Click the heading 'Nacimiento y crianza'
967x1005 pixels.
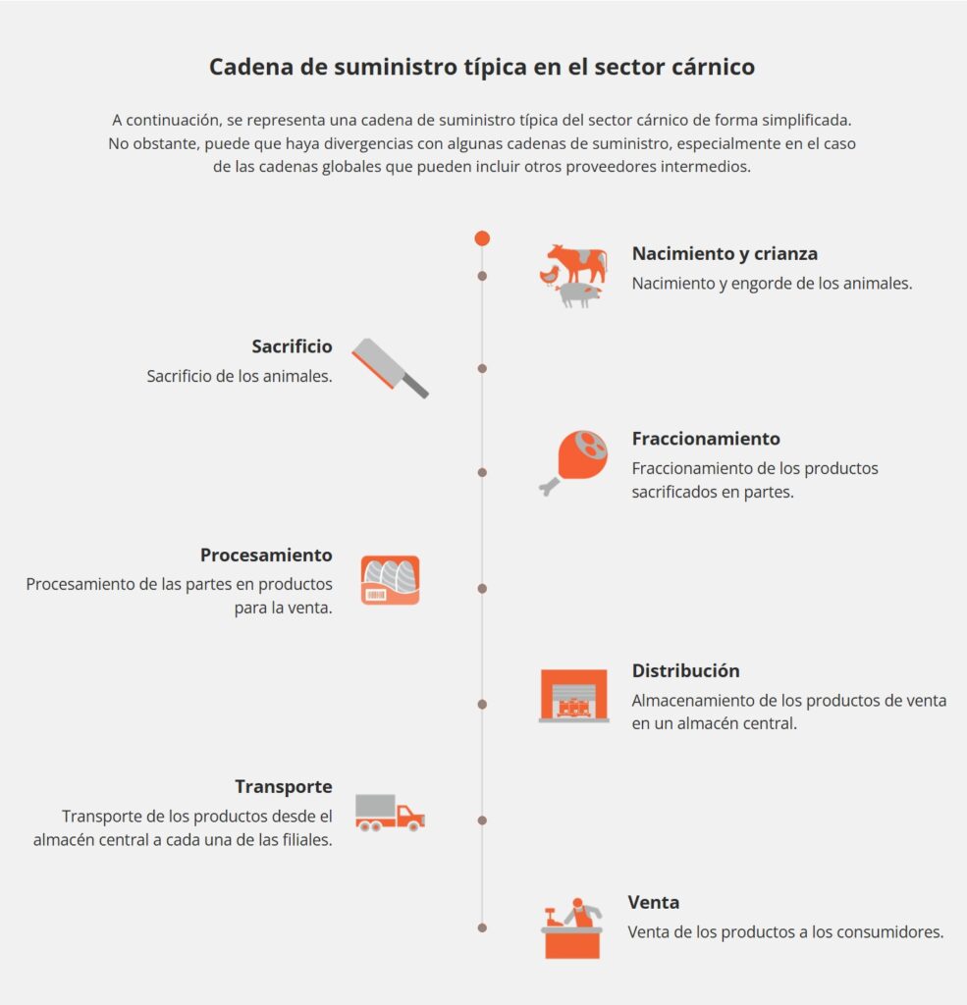point(725,253)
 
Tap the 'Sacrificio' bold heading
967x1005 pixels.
point(292,346)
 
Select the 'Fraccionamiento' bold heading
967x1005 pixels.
point(706,439)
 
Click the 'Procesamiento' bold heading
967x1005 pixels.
point(266,555)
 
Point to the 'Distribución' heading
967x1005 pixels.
point(685,671)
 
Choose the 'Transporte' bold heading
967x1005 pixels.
point(283,786)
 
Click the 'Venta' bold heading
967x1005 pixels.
point(654,902)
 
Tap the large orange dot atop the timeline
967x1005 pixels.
point(482,238)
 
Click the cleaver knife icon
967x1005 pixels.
point(390,368)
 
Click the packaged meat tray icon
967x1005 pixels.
point(390,580)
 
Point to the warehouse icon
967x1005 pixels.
point(574,696)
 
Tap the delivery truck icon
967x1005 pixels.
point(390,813)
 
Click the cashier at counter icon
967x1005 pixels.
point(571,927)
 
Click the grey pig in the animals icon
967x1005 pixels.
point(579,293)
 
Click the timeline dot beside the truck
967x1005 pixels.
point(482,820)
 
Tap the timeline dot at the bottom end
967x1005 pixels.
point(482,927)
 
